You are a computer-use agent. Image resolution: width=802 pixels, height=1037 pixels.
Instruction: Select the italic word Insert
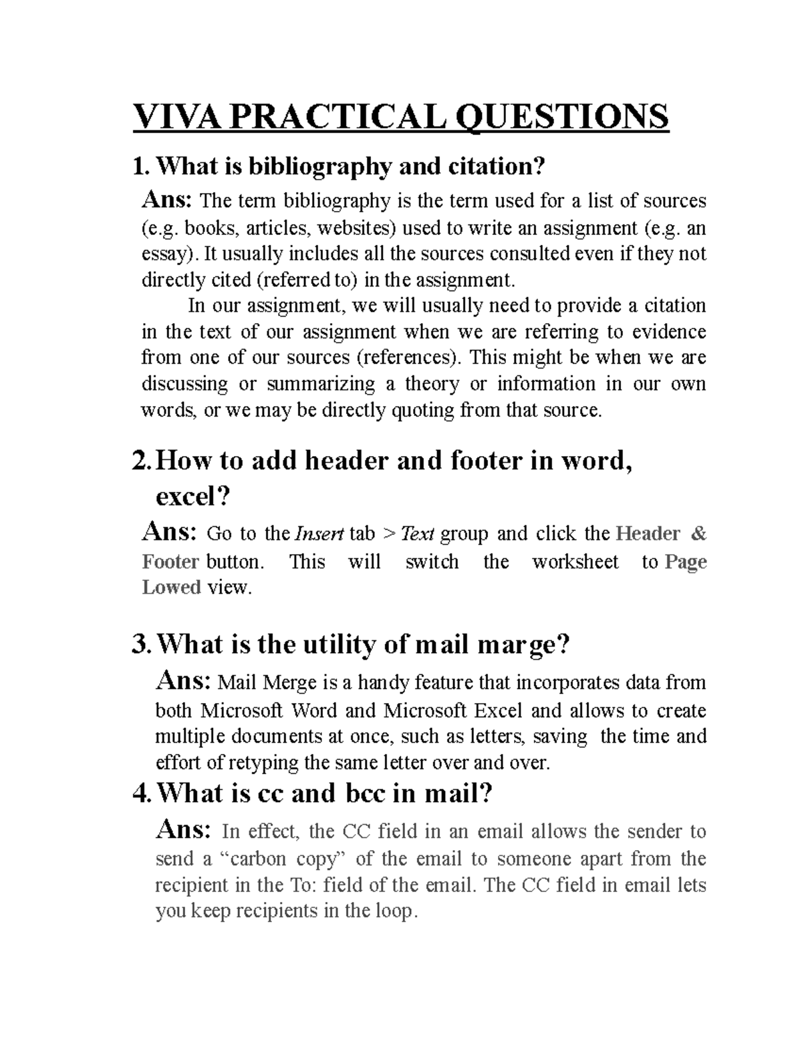coord(319,534)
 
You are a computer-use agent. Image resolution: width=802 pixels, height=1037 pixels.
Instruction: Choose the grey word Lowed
coord(172,588)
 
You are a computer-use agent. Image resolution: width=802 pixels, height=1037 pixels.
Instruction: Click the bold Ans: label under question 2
coord(170,533)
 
